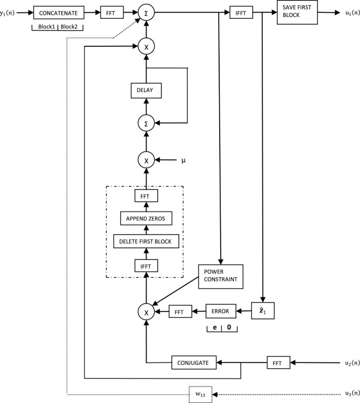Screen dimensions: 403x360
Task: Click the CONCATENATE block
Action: point(59,11)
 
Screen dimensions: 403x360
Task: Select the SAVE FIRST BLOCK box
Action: point(297,12)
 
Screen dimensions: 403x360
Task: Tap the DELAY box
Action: point(146,91)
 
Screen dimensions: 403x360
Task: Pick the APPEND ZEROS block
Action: point(146,218)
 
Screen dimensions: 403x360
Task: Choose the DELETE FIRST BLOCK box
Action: point(146,241)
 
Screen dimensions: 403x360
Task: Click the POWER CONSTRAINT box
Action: point(221,276)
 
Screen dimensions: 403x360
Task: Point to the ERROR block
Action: point(221,311)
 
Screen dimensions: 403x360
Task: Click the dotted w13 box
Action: point(200,393)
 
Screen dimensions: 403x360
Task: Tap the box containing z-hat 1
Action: point(263,311)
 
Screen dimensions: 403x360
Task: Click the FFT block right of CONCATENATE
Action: point(111,11)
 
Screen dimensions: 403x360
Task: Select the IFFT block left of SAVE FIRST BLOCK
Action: point(241,11)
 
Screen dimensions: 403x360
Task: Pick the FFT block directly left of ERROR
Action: point(179,312)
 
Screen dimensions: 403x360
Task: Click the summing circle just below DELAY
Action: point(146,124)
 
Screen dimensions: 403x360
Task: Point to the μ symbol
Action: point(183,159)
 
